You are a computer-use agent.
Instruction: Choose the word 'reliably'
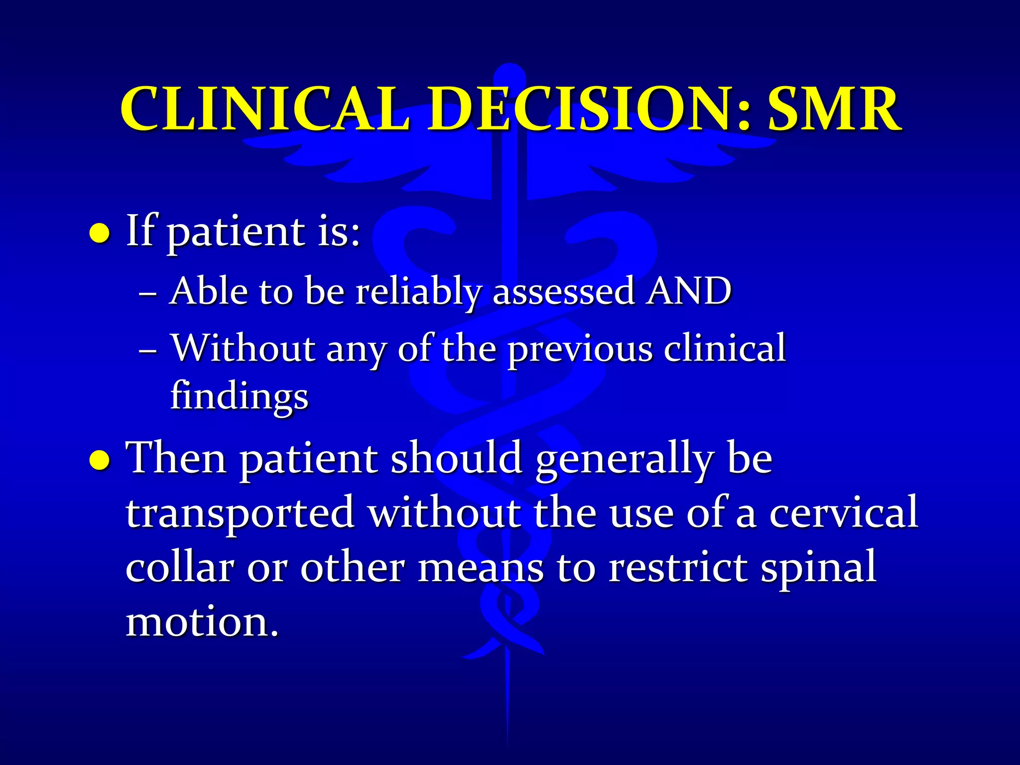pos(418,293)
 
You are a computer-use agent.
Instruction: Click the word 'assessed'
pos(563,292)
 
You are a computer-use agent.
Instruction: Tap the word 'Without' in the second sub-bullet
pos(243,348)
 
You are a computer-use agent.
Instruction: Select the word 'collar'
pos(180,567)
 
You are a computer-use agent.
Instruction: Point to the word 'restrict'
pos(677,567)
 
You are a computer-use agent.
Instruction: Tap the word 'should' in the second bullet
pos(456,459)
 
